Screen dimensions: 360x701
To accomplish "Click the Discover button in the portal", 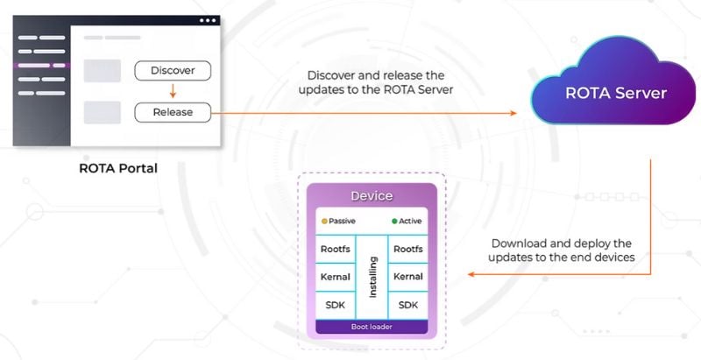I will tap(173, 70).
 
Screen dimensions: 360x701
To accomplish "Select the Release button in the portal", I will tap(173, 112).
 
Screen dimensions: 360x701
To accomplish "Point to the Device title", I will tap(372, 195).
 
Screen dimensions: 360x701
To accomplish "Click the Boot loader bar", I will tap(372, 328).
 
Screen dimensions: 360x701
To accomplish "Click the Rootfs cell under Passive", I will tap(336, 249).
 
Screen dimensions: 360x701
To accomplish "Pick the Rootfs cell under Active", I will tap(408, 249).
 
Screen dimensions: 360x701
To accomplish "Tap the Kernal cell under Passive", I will tap(336, 277).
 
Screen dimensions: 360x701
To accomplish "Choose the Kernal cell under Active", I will tap(408, 277).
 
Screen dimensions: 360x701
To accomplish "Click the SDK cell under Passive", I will tap(336, 305).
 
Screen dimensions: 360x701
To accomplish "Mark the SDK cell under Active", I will tap(408, 305).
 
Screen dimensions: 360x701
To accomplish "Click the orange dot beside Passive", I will tap(324, 222).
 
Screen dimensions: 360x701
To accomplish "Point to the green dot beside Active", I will tap(394, 222).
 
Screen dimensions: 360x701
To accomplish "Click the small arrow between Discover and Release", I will tap(173, 91).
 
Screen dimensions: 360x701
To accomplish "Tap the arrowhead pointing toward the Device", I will tap(470, 274).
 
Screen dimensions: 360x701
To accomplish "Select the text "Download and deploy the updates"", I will tap(562, 250).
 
